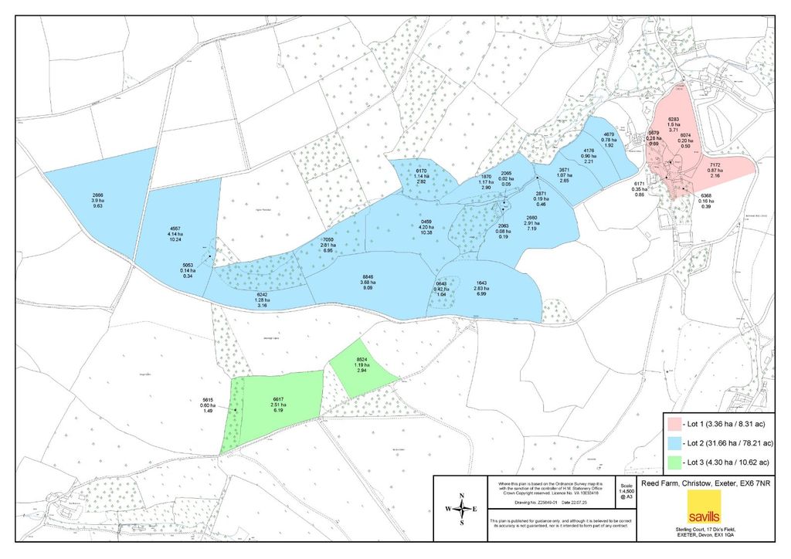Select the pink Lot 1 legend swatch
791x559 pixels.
pyautogui.click(x=673, y=424)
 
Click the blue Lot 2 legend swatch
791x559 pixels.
pyautogui.click(x=673, y=443)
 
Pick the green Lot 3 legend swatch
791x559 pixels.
pyautogui.click(x=673, y=462)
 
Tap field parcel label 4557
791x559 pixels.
pyautogui.click(x=175, y=229)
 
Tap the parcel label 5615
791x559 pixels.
pyautogui.click(x=207, y=400)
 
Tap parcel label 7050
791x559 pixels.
pyautogui.click(x=328, y=240)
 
